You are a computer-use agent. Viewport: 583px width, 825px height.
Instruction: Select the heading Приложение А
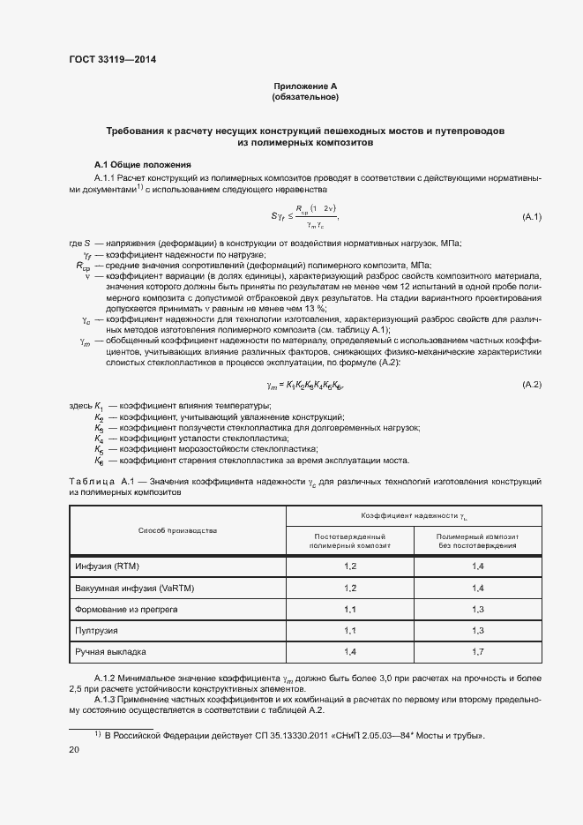pos(305,86)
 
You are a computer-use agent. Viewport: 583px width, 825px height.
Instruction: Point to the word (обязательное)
pos(305,96)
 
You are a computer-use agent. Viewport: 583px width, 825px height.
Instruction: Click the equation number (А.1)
pos(531,216)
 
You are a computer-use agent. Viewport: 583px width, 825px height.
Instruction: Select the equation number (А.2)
pos(531,385)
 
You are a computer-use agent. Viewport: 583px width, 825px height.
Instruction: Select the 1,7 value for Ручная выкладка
pos(478,654)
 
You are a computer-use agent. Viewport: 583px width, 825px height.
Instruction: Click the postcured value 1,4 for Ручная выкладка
pos(350,654)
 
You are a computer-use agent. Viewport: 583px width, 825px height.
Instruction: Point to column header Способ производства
pos(177,530)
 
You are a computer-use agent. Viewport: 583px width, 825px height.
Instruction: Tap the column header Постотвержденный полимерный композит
pos(350,541)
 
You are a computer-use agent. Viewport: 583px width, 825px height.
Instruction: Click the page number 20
pos(74,749)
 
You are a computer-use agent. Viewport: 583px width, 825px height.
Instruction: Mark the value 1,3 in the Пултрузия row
pos(478,632)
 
